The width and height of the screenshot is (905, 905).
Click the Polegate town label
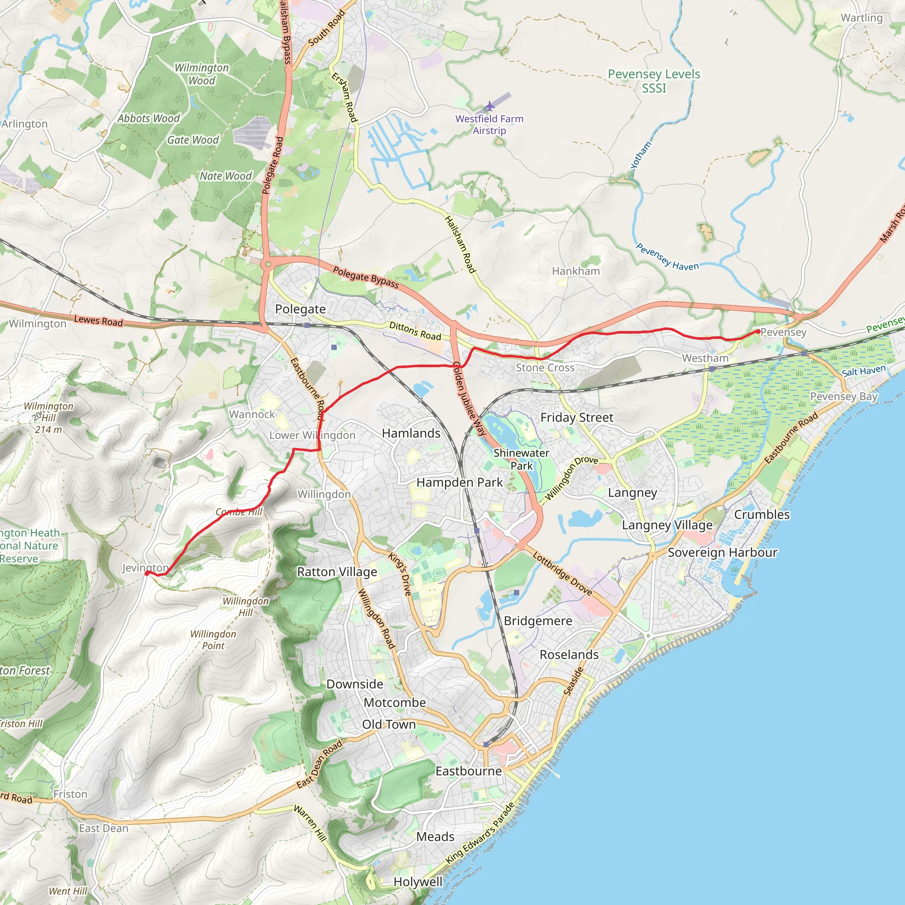(x=300, y=309)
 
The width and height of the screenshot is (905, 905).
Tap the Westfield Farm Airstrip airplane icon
(x=490, y=106)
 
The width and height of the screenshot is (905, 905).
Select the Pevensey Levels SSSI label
(x=654, y=81)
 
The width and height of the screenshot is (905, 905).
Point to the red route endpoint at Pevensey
(x=758, y=332)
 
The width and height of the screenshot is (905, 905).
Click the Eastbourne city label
(x=468, y=771)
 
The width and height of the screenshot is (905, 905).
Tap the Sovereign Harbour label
(x=722, y=553)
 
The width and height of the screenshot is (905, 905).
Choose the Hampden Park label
(x=459, y=483)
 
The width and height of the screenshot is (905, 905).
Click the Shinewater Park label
(x=521, y=459)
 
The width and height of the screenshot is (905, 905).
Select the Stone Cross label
(x=545, y=368)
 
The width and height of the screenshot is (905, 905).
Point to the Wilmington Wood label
(x=202, y=74)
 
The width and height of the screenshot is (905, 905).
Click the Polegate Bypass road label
(x=366, y=277)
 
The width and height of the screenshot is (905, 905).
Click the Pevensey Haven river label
(x=666, y=257)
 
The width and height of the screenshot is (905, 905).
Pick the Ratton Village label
(x=337, y=572)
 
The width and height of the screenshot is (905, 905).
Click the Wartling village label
(x=861, y=18)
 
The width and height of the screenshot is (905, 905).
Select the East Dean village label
(x=103, y=828)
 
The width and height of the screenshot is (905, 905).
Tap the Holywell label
(x=418, y=882)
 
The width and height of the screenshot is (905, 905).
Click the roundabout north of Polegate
(x=268, y=264)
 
